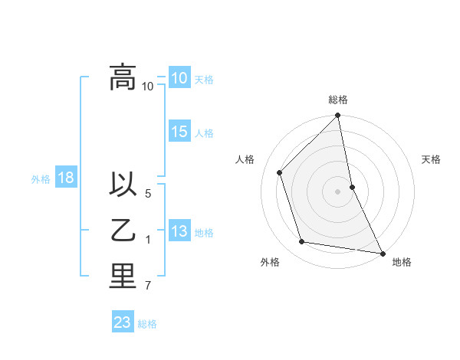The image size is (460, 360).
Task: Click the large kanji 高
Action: click(x=123, y=77)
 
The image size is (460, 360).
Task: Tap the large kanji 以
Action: click(x=123, y=185)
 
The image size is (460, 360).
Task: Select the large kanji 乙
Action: click(x=123, y=231)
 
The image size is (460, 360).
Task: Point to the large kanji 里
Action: click(x=123, y=277)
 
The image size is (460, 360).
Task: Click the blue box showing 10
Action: click(x=179, y=78)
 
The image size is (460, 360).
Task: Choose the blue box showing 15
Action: click(x=179, y=132)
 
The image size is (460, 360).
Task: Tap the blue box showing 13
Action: click(x=179, y=231)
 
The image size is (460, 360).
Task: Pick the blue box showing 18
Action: click(x=65, y=178)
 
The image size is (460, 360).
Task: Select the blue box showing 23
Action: click(x=123, y=322)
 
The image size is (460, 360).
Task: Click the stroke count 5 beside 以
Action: click(x=148, y=194)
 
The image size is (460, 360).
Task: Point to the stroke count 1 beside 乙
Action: click(x=148, y=240)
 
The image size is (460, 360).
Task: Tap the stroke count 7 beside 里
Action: click(x=148, y=286)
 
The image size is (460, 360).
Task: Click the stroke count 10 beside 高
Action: click(x=148, y=86)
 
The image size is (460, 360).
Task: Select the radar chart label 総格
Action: click(x=338, y=100)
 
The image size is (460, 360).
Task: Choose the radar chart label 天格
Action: click(x=432, y=159)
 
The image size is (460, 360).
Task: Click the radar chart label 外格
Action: click(x=269, y=263)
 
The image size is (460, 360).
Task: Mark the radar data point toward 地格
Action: click(x=382, y=253)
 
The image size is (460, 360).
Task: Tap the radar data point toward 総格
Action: click(x=338, y=116)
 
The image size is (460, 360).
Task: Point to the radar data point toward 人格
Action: click(x=280, y=172)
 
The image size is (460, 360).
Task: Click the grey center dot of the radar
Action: click(x=338, y=191)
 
